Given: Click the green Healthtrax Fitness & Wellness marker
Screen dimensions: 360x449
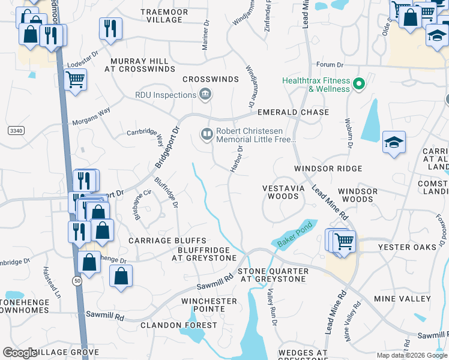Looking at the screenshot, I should click(360, 84).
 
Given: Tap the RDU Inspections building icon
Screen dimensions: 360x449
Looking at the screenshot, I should click(205, 94).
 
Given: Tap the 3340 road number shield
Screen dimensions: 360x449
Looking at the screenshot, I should click(16, 130).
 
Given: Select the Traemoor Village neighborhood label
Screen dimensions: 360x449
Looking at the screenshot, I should click(164, 16).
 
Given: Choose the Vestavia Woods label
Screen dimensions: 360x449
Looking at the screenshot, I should click(280, 192).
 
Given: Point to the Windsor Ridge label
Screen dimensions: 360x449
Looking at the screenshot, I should click(328, 169).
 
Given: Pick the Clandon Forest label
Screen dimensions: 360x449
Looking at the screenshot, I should click(179, 325).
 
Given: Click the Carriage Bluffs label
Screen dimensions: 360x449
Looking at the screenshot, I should click(159, 241).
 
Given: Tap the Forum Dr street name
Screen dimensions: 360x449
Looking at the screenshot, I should click(330, 66).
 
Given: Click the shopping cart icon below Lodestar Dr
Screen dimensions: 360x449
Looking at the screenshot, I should click(75, 79).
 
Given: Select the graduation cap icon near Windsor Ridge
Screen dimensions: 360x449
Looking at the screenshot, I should click(394, 143).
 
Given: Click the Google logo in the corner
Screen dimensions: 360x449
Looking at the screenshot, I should click(20, 353).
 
